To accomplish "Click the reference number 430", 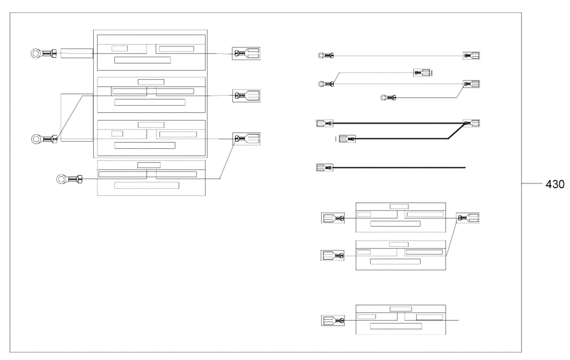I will pyautogui.click(x=555, y=184).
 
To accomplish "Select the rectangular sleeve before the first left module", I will pyautogui.click(x=77, y=53).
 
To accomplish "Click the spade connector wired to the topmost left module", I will pyautogui.click(x=246, y=54).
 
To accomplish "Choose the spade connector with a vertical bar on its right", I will pyautogui.click(x=422, y=73).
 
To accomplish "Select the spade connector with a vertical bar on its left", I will pyautogui.click(x=347, y=139).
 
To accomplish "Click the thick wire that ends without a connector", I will pyautogui.click(x=399, y=167).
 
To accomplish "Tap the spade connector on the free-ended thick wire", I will pyautogui.click(x=324, y=167).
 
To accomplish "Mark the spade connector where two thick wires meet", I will pyautogui.click(x=471, y=123).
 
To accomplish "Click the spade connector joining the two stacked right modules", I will pyautogui.click(x=468, y=218).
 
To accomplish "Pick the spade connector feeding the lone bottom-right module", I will pyautogui.click(x=333, y=320).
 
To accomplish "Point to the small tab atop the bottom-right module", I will pyautogui.click(x=401, y=309).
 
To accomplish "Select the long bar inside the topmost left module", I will pyautogui.click(x=142, y=60).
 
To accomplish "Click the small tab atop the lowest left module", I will pyautogui.click(x=149, y=165).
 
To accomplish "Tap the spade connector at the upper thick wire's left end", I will pyautogui.click(x=324, y=124).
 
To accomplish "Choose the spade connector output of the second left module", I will pyautogui.click(x=247, y=96).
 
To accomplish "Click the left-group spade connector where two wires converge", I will pyautogui.click(x=247, y=139).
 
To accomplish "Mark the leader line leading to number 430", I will pyautogui.click(x=532, y=184).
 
